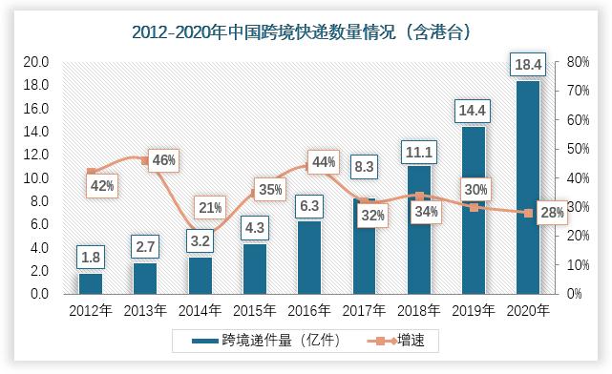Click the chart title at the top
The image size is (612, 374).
pyautogui.click(x=306, y=31)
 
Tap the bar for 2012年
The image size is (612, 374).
pyautogui.click(x=91, y=283)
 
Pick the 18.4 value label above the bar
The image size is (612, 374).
pyautogui.click(x=528, y=65)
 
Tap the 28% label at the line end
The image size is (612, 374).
pyautogui.click(x=552, y=213)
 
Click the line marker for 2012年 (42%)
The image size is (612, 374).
pyautogui.click(x=91, y=172)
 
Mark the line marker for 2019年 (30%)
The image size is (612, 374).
pyautogui.click(x=474, y=207)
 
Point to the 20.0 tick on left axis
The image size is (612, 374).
pyautogui.click(x=36, y=62)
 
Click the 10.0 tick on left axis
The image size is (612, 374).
pyautogui.click(x=36, y=177)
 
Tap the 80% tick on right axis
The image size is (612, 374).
pyautogui.click(x=577, y=62)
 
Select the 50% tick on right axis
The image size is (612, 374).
pyautogui.click(x=577, y=149)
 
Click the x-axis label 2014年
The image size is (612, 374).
pyautogui.click(x=200, y=310)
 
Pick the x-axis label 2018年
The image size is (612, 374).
pyautogui.click(x=419, y=310)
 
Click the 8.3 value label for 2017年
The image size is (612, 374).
pyautogui.click(x=363, y=167)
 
